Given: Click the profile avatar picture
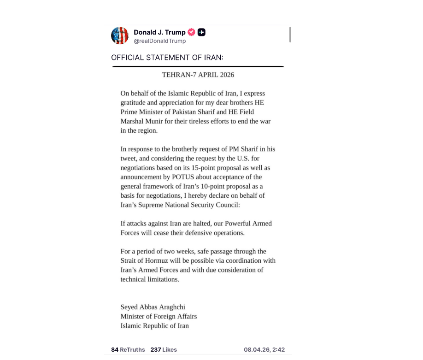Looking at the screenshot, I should [120, 35].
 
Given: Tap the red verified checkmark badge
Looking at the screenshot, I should [192, 32].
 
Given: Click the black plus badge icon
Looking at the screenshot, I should [201, 32].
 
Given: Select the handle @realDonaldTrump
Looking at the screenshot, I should [159, 41].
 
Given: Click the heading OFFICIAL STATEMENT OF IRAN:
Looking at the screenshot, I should [167, 58].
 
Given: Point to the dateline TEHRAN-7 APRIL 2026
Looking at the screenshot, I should [198, 75].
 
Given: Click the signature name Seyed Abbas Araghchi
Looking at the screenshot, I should [153, 307].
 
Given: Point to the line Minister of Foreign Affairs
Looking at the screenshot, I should [159, 316].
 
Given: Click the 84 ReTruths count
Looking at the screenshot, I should [128, 349].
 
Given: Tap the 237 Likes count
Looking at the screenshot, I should [164, 349].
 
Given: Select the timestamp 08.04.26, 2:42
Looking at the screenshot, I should [264, 349].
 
